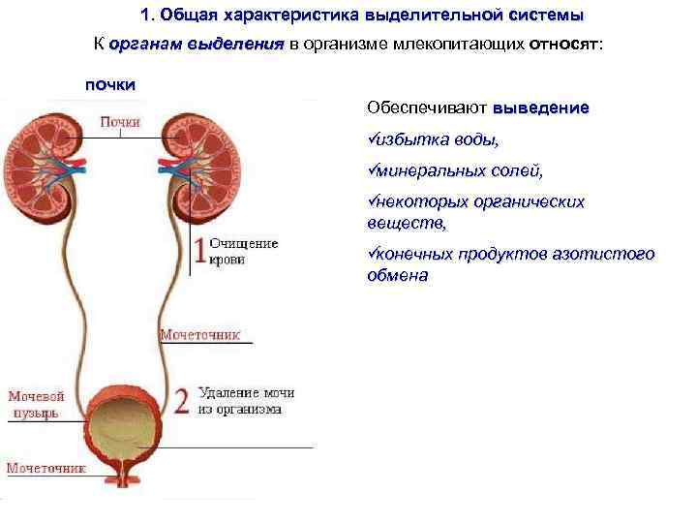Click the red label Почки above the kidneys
coord(121,122)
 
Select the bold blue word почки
coord(111,84)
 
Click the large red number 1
coord(199,251)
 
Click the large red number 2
coord(181,401)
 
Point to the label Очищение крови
coord(243,251)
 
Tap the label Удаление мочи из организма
coord(246,401)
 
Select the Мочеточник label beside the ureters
coord(198,334)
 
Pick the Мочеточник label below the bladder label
coord(46,468)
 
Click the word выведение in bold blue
coord(540,108)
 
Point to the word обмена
coord(397,274)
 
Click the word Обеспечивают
coord(427,108)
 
